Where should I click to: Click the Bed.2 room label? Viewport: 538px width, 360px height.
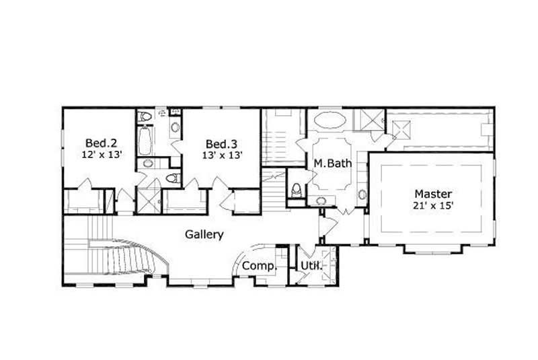point(101,143)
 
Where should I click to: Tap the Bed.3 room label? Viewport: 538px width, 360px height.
point(222,143)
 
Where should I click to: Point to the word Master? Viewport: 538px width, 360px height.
point(432,193)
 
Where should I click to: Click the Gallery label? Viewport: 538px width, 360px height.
point(204,234)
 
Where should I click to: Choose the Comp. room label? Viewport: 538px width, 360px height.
point(259,266)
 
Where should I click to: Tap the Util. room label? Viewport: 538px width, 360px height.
point(311,266)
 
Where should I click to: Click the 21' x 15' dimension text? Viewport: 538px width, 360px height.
point(432,206)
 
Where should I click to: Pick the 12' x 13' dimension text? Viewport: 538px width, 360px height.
point(101,154)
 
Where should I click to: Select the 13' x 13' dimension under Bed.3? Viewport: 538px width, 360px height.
point(222,155)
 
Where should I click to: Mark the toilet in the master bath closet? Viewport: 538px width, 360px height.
point(295,188)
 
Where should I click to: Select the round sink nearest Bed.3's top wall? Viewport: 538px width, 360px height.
point(176,127)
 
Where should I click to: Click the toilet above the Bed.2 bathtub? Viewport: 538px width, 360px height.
point(145,116)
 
